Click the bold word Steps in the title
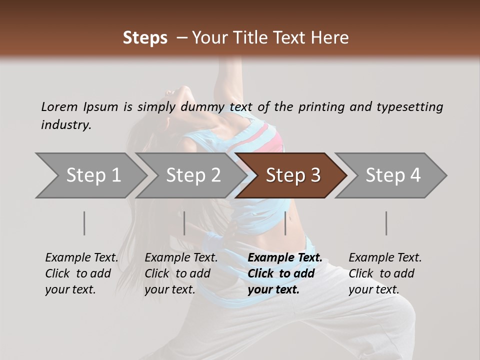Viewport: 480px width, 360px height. pos(145,38)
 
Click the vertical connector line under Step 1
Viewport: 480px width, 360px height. pos(84,223)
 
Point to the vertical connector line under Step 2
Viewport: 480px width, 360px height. pos(184,223)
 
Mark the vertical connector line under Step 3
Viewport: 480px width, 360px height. pos(285,223)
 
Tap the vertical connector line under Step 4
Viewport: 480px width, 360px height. pos(386,223)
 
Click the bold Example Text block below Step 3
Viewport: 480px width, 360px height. pos(285,273)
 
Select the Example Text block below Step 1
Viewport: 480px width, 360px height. pos(81,273)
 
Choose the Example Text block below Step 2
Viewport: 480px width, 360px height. pos(181,273)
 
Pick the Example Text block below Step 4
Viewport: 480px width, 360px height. pos(385,273)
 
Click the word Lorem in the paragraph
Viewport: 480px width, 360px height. pos(59,107)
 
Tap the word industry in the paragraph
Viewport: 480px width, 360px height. pos(65,125)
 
